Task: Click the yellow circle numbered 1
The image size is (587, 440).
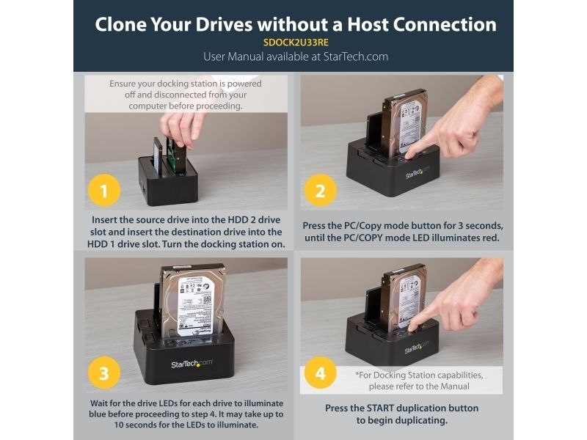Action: pos(104,191)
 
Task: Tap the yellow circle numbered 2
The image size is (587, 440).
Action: pos(320,191)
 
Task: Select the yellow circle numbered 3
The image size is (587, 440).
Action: pos(104,373)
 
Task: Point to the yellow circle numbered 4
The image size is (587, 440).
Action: pos(320,373)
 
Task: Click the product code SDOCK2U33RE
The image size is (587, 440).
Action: pos(296,43)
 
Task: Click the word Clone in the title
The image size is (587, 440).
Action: pos(120,24)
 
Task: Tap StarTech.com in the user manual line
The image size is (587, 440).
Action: pos(356,57)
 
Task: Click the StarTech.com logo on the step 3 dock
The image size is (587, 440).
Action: pos(192,364)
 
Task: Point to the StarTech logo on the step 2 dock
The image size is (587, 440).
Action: pos(417,172)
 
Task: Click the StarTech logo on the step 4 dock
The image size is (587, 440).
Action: pos(416,348)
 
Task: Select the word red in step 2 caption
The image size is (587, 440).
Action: pos(491,238)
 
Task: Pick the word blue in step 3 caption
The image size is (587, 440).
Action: pos(98,414)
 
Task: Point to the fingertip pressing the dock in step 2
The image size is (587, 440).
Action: pos(410,153)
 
